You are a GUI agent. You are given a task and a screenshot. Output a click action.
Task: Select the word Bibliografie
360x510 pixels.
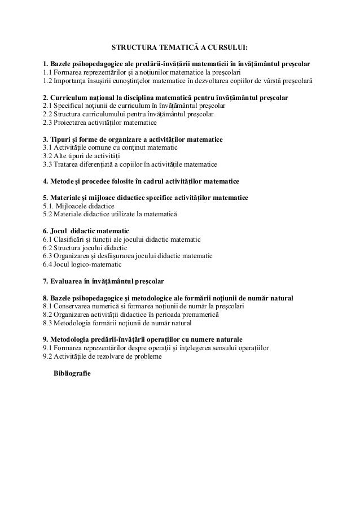pos(71,374)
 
